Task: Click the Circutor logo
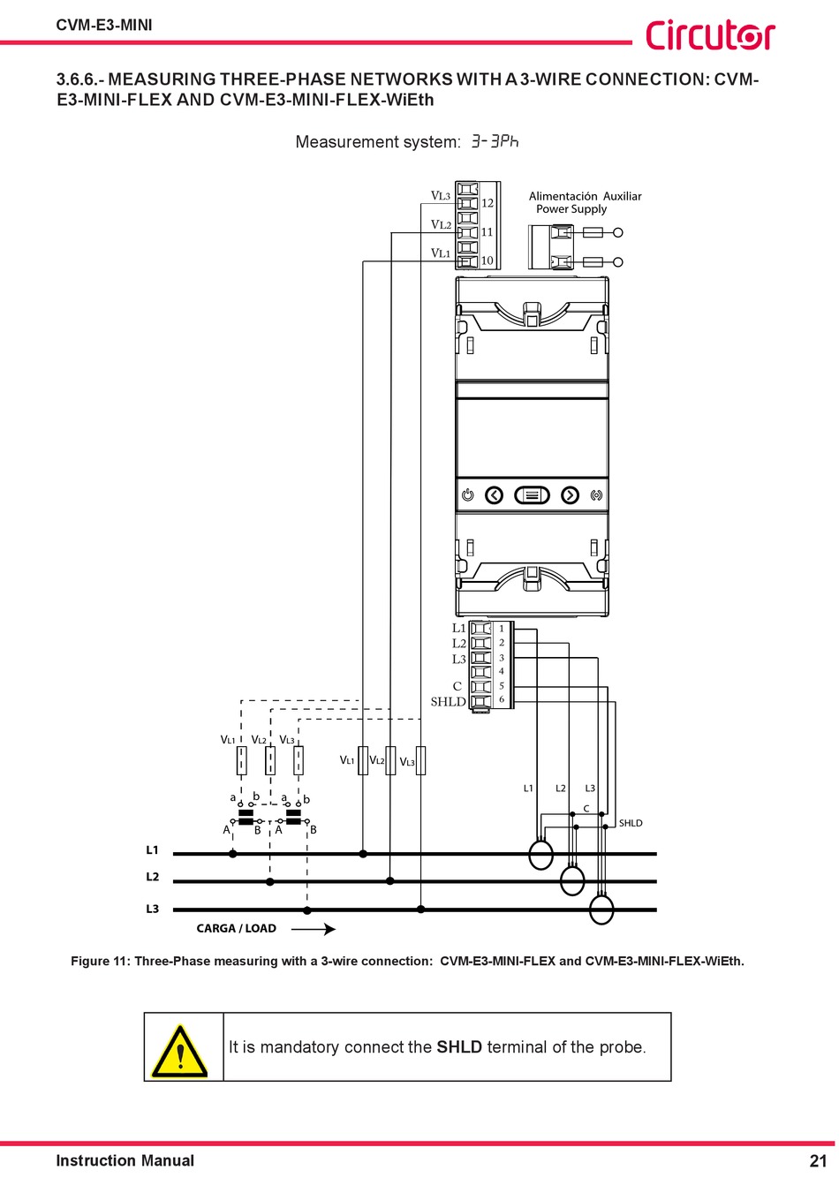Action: click(709, 35)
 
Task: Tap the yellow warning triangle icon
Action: click(179, 1051)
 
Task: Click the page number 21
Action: click(817, 1161)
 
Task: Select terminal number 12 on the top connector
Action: click(488, 203)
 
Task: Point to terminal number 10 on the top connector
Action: click(488, 260)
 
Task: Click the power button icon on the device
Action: click(468, 495)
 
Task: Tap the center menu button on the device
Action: click(532, 495)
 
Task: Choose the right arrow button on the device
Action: click(571, 495)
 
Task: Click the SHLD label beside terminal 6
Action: click(448, 702)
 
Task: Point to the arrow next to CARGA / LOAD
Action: click(314, 929)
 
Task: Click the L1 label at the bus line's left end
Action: click(152, 850)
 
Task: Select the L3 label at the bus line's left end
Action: click(152, 909)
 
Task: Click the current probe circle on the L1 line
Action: click(540, 855)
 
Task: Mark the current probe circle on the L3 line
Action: click(601, 910)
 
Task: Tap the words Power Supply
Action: click(571, 209)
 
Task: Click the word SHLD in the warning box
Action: click(459, 1047)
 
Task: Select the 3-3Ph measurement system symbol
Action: click(495, 141)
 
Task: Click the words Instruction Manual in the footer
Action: click(125, 1161)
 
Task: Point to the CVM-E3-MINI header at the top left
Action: click(104, 25)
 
